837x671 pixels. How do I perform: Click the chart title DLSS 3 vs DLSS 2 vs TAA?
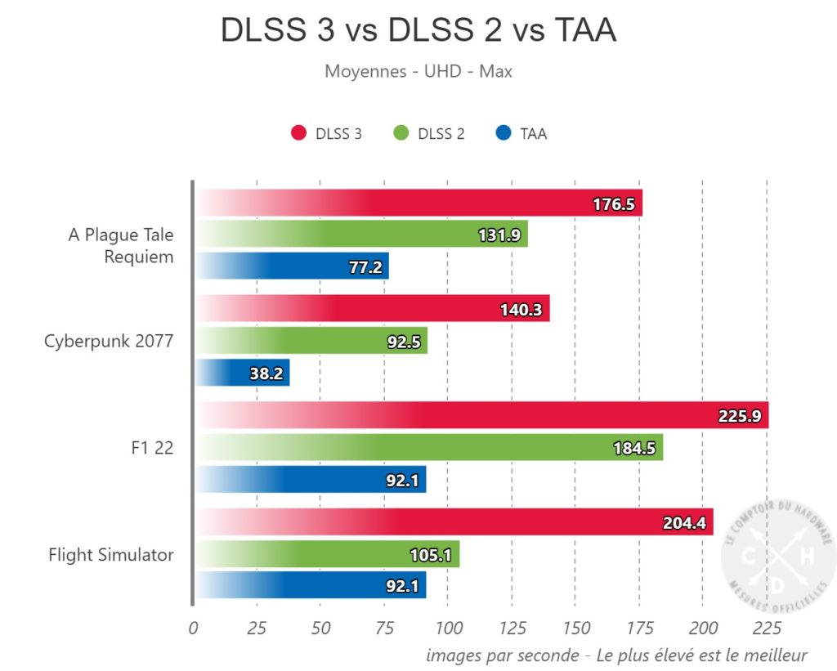(418, 31)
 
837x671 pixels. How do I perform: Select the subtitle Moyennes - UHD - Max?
(418, 71)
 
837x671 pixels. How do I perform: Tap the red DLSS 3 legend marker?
(298, 134)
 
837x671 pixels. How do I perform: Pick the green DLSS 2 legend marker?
(401, 134)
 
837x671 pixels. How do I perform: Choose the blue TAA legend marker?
(504, 134)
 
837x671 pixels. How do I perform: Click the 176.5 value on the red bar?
(613, 204)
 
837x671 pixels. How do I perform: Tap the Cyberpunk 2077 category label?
(109, 341)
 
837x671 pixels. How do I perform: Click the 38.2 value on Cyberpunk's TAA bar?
(261, 374)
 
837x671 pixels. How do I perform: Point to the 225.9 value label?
(739, 416)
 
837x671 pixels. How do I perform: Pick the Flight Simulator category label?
(111, 555)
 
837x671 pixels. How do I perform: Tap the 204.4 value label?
(684, 523)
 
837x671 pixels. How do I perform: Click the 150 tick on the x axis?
(575, 629)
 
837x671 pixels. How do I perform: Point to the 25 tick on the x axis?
(257, 629)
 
